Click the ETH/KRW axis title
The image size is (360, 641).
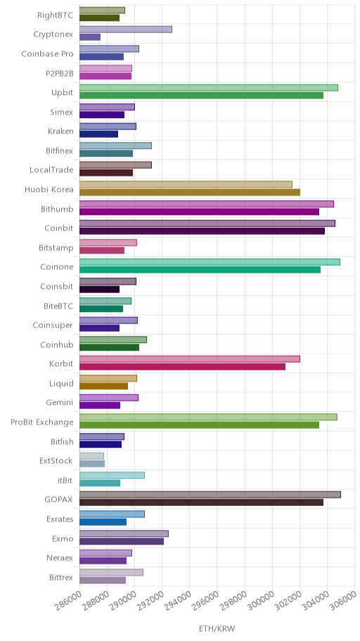pyautogui.click(x=217, y=628)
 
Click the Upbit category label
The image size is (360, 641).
pyautogui.click(x=63, y=92)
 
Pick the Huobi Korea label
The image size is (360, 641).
pyautogui.click(x=49, y=189)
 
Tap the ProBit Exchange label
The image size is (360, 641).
pyautogui.click(x=42, y=422)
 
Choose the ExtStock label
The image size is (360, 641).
pyautogui.click(x=56, y=461)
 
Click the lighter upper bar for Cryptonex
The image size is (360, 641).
pyautogui.click(x=126, y=30)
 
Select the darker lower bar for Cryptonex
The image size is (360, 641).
pyautogui.click(x=90, y=37)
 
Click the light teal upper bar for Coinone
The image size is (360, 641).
pyautogui.click(x=210, y=262)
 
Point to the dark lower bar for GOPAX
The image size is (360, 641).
pyautogui.click(x=201, y=503)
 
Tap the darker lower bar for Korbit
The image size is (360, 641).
pyautogui.click(x=182, y=367)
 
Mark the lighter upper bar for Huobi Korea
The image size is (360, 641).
pyautogui.click(x=186, y=184)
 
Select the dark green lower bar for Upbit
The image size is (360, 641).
pyautogui.click(x=201, y=96)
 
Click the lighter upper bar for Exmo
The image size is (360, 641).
pyautogui.click(x=124, y=533)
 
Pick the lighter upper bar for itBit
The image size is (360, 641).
pyautogui.click(x=112, y=475)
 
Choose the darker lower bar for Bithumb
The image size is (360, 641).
pyautogui.click(x=199, y=212)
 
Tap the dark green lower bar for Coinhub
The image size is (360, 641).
pyautogui.click(x=109, y=347)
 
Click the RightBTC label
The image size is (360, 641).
pyautogui.click(x=56, y=15)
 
